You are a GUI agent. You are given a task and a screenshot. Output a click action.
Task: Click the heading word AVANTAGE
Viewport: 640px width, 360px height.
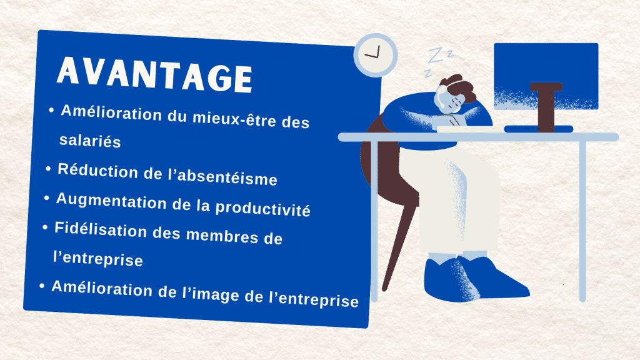pyautogui.click(x=154, y=75)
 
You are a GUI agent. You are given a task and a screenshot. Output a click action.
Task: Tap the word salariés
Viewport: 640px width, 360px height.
pyautogui.click(x=90, y=141)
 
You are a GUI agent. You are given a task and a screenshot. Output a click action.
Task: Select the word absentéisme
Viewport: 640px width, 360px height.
pyautogui.click(x=227, y=177)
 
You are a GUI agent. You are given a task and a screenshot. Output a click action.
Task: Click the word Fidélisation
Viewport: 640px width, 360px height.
pyautogui.click(x=101, y=230)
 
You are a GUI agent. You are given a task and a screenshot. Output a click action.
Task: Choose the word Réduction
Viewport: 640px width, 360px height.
pyautogui.click(x=97, y=171)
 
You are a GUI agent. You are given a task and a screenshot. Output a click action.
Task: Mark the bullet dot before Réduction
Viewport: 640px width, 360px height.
pyautogui.click(x=49, y=169)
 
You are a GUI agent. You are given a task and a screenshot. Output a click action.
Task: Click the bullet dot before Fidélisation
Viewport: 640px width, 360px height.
pyautogui.click(x=45, y=227)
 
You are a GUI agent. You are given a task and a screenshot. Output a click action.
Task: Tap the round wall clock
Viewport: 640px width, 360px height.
pyautogui.click(x=376, y=55)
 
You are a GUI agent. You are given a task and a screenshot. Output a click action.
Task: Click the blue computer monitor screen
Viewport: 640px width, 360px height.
pyautogui.click(x=546, y=76)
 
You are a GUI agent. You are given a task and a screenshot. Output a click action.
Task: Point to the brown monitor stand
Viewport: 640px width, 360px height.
pyautogui.click(x=546, y=107)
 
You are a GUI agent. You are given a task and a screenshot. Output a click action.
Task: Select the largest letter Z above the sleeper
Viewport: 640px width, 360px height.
pyautogui.click(x=436, y=55)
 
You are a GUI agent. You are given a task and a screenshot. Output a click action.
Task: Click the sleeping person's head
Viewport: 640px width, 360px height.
pyautogui.click(x=455, y=94)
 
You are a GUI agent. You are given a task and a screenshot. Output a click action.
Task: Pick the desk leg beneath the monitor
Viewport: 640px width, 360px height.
pyautogui.click(x=583, y=221)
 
